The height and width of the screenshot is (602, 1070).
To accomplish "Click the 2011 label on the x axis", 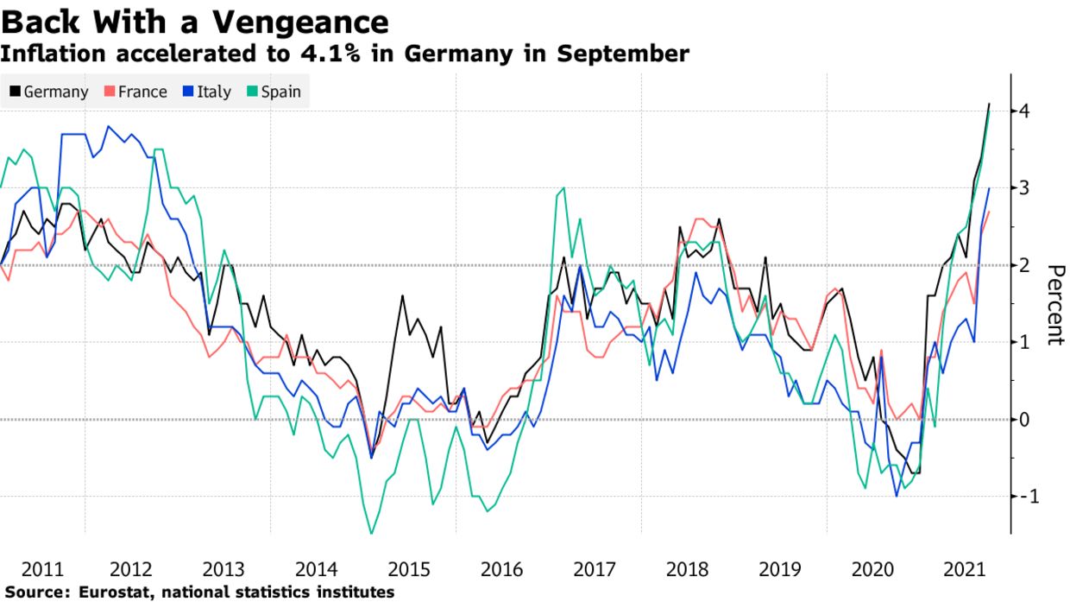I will coord(41,570).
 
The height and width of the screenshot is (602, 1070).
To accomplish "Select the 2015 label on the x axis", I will coord(409,570).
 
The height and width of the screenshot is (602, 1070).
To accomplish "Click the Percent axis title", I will coord(1054,305).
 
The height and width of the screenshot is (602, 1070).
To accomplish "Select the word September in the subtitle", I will coord(622,54).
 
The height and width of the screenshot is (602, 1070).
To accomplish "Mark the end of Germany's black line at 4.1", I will coord(989,104).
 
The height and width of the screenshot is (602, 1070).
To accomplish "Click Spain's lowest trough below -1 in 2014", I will coord(372,534).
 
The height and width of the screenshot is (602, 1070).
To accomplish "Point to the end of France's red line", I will coord(989,212).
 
